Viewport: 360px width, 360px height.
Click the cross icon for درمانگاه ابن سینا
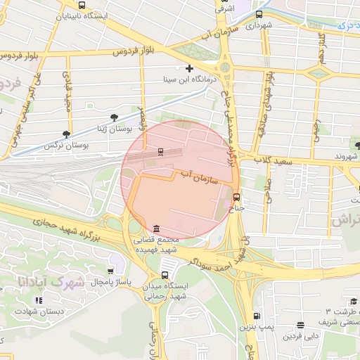(188, 68)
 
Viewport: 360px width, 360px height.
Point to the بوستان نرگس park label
(84, 145)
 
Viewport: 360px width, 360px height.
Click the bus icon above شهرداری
(259, 14)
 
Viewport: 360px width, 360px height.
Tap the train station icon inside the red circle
(161, 151)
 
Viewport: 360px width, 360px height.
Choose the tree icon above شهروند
(358, 146)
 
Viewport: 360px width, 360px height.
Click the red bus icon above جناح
(236, 197)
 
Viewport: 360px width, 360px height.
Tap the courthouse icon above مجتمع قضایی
(155, 229)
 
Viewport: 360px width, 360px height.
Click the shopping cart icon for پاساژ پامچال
(110, 271)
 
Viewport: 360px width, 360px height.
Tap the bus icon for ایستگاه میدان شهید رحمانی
(165, 275)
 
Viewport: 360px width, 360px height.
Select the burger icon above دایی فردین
(301, 325)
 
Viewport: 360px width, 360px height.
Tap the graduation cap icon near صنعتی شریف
(354, 301)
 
